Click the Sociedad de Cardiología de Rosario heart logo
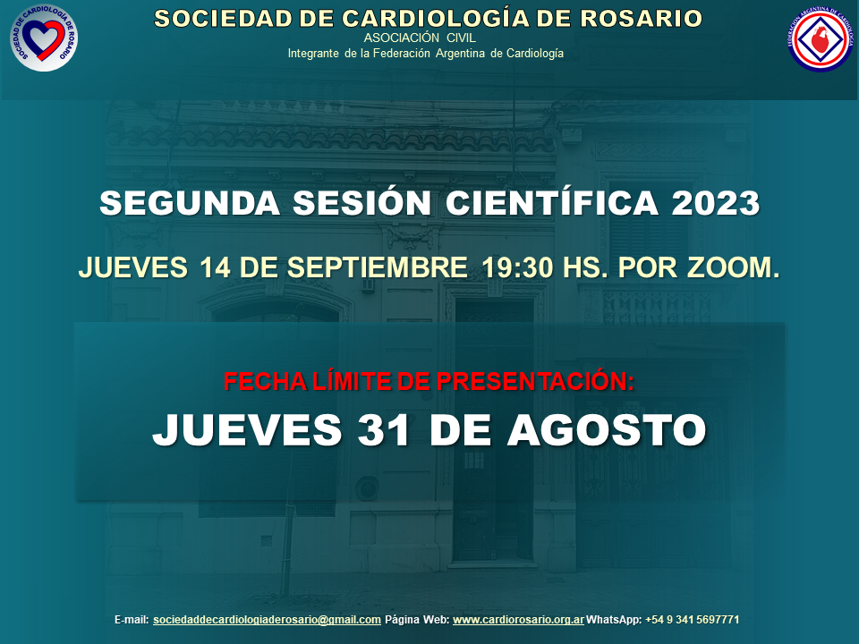(x=44, y=38)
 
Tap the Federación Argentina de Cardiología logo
(x=821, y=38)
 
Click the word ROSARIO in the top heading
(x=641, y=19)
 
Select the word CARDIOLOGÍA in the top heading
(x=436, y=18)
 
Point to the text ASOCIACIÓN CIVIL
(x=420, y=38)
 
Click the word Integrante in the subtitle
(x=313, y=54)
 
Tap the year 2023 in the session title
(x=716, y=203)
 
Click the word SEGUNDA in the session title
(x=190, y=203)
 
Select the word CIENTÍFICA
(x=552, y=202)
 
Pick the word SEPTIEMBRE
(x=378, y=267)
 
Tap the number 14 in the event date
(x=215, y=267)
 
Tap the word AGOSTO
(x=607, y=429)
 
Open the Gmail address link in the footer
(x=267, y=620)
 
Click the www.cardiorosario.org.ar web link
(x=518, y=620)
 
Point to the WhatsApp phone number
(x=692, y=620)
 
